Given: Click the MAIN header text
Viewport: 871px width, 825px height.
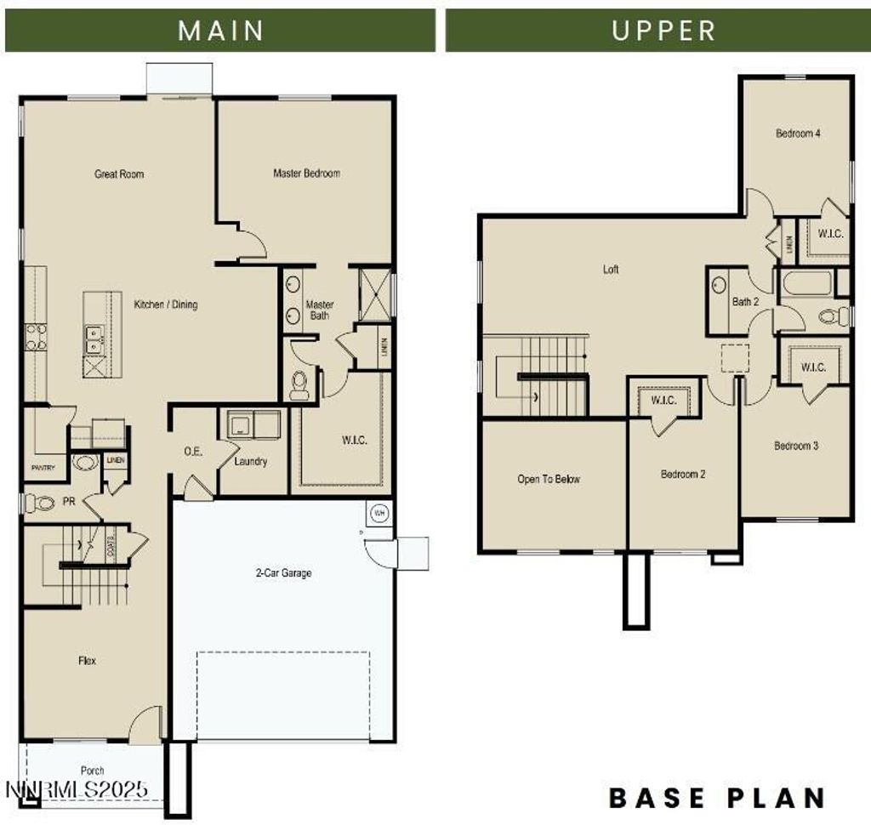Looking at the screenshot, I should pos(221,31).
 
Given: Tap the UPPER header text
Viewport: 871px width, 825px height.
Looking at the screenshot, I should pos(663,31).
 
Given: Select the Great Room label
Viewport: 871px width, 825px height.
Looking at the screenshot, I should pos(119,174).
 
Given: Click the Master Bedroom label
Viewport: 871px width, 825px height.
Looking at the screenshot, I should pos(306,174).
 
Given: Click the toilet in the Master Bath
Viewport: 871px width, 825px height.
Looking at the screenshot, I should pos(299,385).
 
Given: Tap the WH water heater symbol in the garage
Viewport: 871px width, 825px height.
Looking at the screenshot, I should pos(379,513).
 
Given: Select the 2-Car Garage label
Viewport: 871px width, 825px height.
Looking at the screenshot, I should pos(283,573).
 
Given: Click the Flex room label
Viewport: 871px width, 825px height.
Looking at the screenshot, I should pos(87,660).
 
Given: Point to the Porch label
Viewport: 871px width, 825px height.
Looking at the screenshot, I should pos(92,771).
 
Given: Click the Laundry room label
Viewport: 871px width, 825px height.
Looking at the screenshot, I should pos(251,462).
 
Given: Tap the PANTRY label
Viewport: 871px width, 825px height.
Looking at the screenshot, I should pos(43,468).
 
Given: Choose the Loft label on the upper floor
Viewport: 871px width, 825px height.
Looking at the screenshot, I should pos(611,270).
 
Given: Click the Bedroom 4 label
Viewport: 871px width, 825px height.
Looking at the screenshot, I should pos(797,134).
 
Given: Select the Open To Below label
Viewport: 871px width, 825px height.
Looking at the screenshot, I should pos(549,480).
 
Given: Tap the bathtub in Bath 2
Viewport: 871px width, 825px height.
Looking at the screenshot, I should pos(806,282).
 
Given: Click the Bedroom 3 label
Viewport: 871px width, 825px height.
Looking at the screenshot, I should pos(796,446).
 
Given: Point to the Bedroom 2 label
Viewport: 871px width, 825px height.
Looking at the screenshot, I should pos(683,475).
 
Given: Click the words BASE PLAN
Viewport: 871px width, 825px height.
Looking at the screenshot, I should pos(717,798).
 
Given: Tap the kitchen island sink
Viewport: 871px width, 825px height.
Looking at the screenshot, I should pos(94,339).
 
